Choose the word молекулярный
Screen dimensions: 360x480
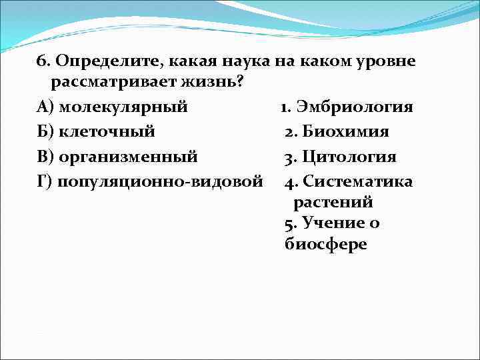click(123, 107)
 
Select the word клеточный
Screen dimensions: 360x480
click(107, 132)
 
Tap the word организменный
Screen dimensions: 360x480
click(128, 157)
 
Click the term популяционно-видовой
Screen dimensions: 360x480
click(159, 182)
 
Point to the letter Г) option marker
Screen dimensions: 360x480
click(44, 182)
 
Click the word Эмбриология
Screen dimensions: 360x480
click(355, 107)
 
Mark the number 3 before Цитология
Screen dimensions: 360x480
click(288, 157)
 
